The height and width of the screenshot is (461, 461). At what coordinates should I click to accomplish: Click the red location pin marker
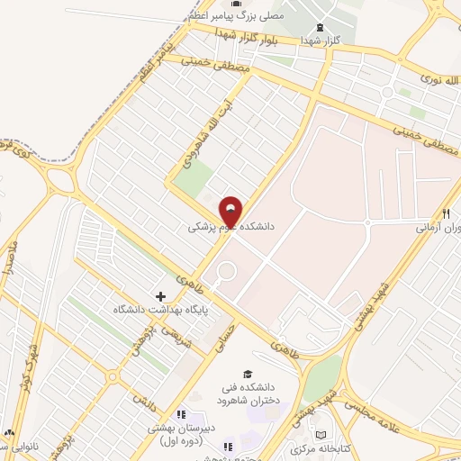[x=230, y=212]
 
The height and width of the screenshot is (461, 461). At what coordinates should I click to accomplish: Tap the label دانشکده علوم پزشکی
[x=230, y=229]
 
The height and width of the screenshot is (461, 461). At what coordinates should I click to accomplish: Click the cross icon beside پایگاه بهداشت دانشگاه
[x=161, y=296]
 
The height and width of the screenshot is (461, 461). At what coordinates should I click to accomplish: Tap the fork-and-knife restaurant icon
[x=446, y=213]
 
